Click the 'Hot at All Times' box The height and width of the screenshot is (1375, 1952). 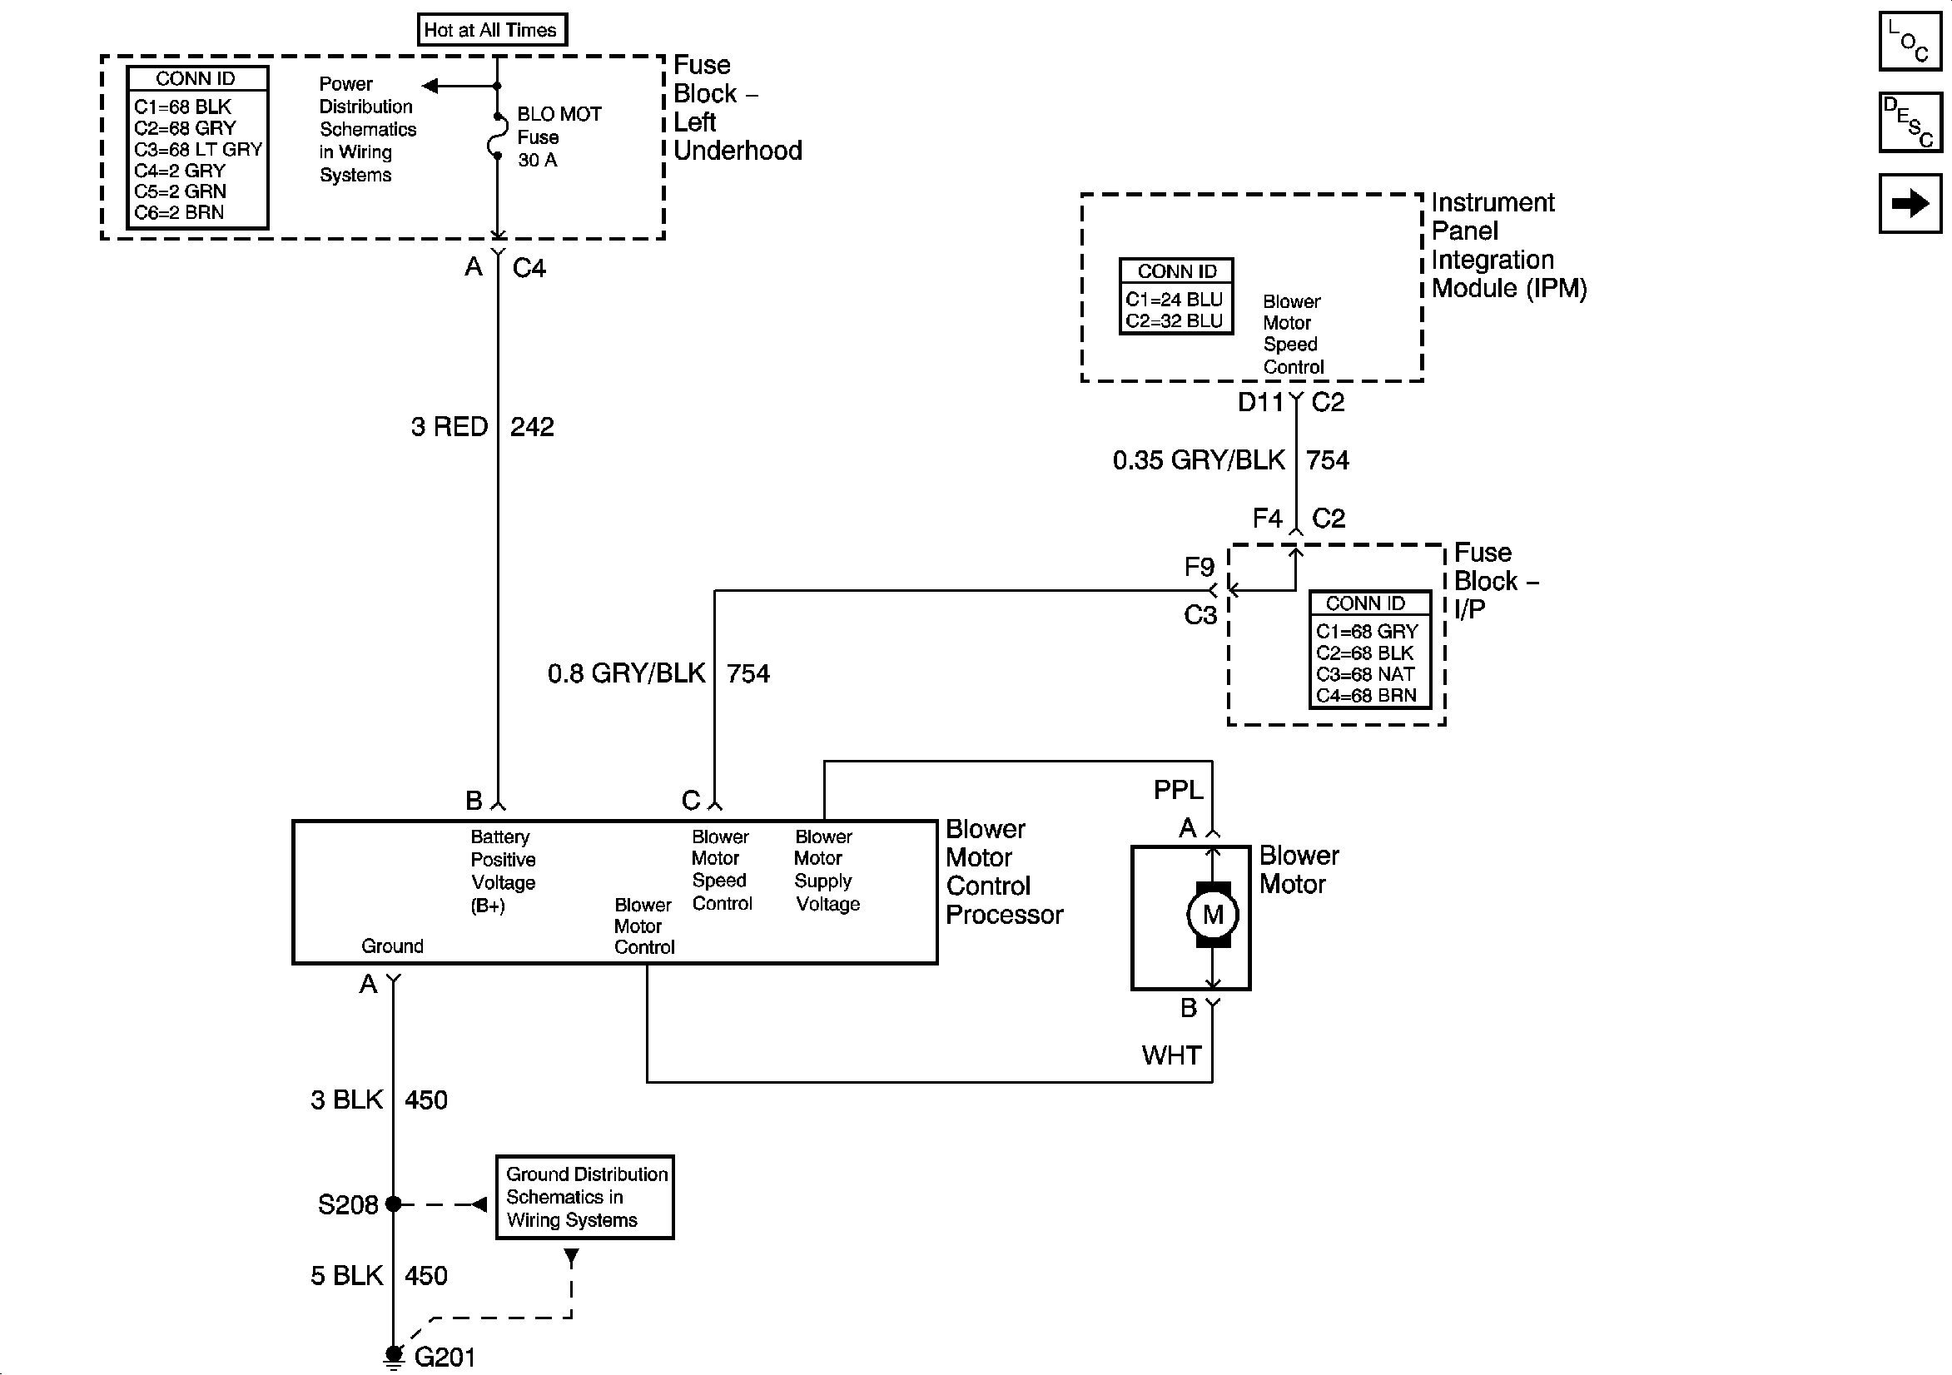491,30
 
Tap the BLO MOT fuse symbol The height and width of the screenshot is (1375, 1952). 495,135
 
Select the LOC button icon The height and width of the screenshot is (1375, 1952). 1910,41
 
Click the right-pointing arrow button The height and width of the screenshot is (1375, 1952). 1910,203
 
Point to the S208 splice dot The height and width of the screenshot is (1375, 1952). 393,1204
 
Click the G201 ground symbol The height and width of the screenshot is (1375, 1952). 393,1358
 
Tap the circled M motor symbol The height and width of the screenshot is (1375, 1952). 1212,915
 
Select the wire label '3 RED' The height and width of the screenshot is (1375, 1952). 449,426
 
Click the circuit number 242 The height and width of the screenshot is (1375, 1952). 532,426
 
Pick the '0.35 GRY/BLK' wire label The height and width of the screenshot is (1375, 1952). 1199,460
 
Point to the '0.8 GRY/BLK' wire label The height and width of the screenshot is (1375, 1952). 627,673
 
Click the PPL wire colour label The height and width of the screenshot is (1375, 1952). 1179,790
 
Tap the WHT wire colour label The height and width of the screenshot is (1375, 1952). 1171,1055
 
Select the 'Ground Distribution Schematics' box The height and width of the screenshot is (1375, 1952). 585,1197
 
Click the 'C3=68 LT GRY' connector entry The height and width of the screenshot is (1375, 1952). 198,149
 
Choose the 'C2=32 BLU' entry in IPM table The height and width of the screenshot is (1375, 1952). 1174,320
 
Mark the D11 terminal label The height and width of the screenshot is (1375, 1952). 1261,402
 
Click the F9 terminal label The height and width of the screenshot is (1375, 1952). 1200,566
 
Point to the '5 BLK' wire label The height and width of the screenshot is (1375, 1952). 347,1275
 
